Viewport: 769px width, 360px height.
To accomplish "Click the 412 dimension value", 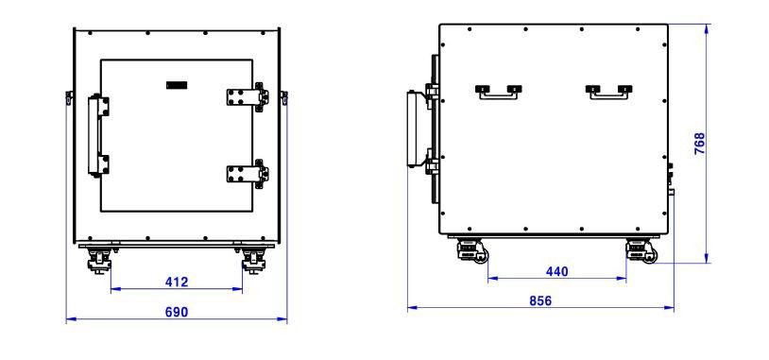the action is (177, 282).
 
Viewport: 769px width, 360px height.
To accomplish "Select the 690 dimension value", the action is (177, 312).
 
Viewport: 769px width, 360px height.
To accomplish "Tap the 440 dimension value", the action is (556, 271).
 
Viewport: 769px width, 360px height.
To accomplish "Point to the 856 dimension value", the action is (540, 300).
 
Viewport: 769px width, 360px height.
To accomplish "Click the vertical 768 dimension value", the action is (700, 144).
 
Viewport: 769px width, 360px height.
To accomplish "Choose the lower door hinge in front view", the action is (248, 173).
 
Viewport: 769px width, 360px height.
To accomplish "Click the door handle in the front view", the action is (97, 135).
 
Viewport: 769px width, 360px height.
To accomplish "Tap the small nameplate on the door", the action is (177, 85).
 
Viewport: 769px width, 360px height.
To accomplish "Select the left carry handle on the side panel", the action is (498, 93).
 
